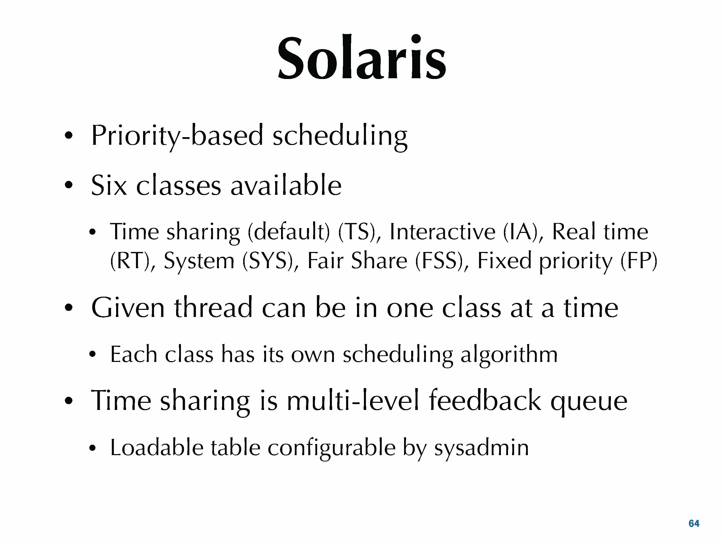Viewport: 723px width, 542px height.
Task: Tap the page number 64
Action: point(694,523)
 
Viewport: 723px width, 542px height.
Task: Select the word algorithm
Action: point(509,355)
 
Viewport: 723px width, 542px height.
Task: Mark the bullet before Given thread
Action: point(68,308)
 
